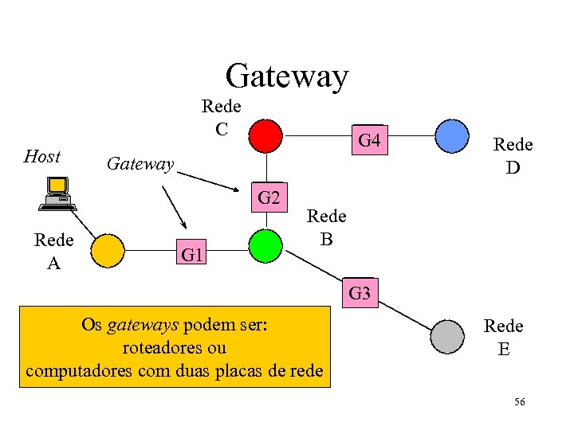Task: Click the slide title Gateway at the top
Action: click(287, 76)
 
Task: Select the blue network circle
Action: click(451, 135)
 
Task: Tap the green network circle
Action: click(265, 246)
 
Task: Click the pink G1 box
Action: click(192, 256)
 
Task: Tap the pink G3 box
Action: click(360, 293)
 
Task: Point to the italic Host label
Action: click(42, 156)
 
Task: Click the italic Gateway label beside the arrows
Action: click(140, 164)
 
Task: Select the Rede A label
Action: click(53, 251)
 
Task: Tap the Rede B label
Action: click(326, 227)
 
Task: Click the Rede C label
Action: click(222, 116)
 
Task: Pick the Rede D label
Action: click(513, 155)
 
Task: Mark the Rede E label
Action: click(504, 337)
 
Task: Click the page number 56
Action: click(519, 403)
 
